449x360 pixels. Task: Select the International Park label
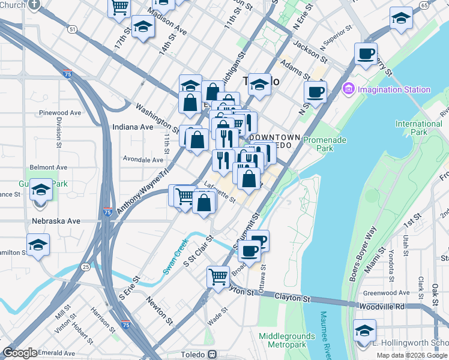pos(418,127)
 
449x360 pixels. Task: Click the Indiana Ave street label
pos(133,127)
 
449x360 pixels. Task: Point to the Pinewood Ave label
pos(58,112)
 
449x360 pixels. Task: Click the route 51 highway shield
pos(72,29)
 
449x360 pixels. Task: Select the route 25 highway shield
pos(86,266)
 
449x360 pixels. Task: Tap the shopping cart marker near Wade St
pos(218,277)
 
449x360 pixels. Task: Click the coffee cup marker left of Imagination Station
pos(315,92)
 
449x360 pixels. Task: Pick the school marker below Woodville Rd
pos(364,331)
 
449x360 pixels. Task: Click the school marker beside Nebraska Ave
pos(38,245)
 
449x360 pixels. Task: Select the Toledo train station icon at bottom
pos(212,354)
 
